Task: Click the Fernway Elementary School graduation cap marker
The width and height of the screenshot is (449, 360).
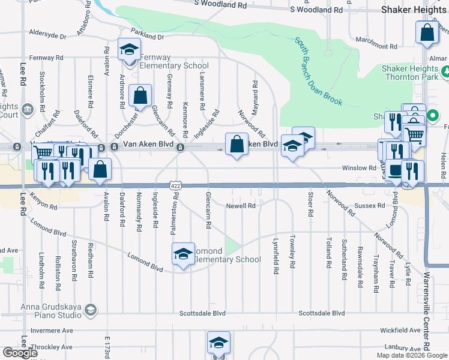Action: click(x=128, y=50)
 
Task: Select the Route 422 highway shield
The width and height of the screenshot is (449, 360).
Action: click(x=175, y=187)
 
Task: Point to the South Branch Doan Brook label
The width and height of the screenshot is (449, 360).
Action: click(x=318, y=71)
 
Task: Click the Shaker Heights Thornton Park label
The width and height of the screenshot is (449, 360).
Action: click(x=410, y=73)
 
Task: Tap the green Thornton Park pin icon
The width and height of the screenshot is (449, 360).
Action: click(x=446, y=73)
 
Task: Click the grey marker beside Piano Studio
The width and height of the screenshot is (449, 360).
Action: click(x=90, y=310)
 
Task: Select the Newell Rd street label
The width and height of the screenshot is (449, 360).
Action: click(x=241, y=206)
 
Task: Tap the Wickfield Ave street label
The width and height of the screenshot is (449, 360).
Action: click(x=400, y=330)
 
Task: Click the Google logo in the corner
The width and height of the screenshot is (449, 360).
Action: click(x=20, y=353)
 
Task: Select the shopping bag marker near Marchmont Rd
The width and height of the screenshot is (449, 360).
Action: click(x=427, y=33)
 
